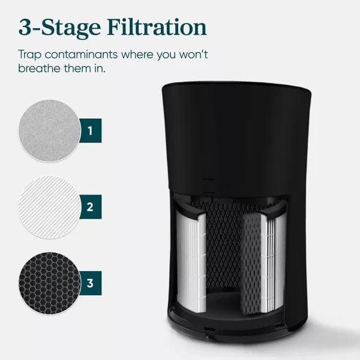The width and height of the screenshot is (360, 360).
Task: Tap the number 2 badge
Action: (x=89, y=207)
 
